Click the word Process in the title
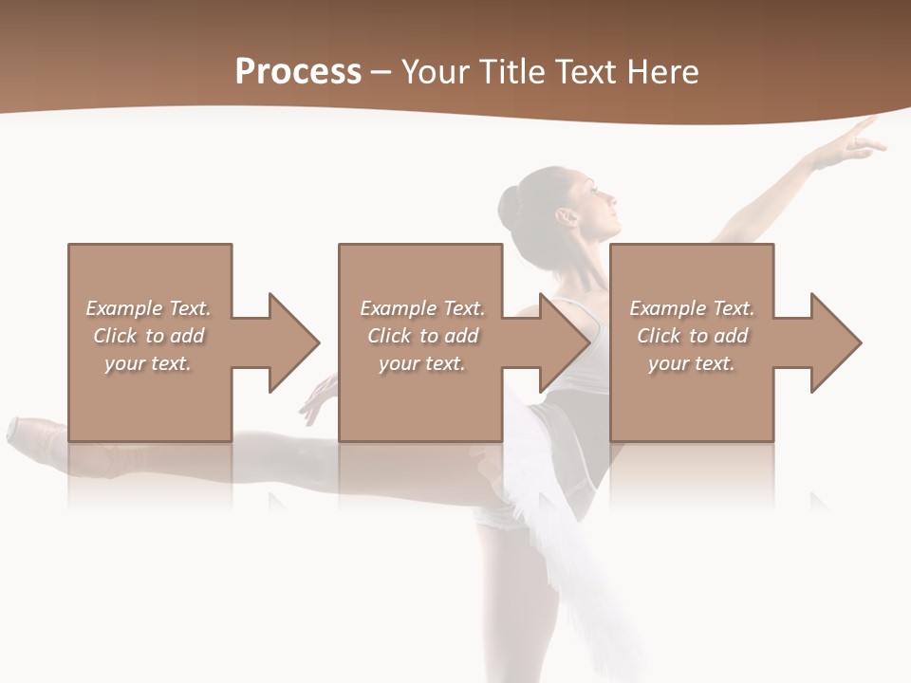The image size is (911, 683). coord(298,72)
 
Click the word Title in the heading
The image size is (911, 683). coord(513,72)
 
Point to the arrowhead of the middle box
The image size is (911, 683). coord(564,342)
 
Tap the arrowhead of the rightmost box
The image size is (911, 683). coord(834,342)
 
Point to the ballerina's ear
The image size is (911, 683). coord(567,217)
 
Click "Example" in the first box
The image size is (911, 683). coord(124,308)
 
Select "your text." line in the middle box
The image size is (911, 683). coord(421,363)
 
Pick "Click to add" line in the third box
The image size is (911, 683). coord(692,336)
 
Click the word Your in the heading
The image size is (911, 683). coord(436,72)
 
